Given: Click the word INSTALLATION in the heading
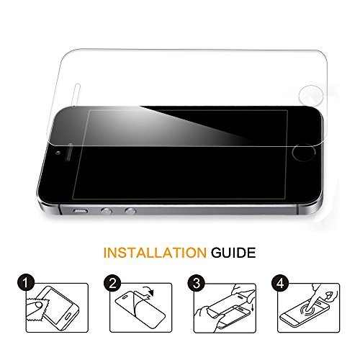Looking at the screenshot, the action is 155,253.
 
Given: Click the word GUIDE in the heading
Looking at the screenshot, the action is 233,253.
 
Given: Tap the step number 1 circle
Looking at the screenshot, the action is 26,283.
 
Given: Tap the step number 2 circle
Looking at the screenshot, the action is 112,283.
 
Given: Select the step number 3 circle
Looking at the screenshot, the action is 197,283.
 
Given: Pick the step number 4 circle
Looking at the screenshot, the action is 280,283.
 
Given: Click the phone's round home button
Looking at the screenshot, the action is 304,153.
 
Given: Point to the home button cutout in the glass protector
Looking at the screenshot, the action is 311,95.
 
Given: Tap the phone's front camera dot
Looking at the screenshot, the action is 58,153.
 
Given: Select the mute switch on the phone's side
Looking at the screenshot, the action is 81,212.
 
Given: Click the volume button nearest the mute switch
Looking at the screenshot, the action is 107,211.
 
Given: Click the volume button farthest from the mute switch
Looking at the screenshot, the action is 130,211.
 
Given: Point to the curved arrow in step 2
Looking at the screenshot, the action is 148,289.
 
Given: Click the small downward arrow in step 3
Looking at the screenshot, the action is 252,307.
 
